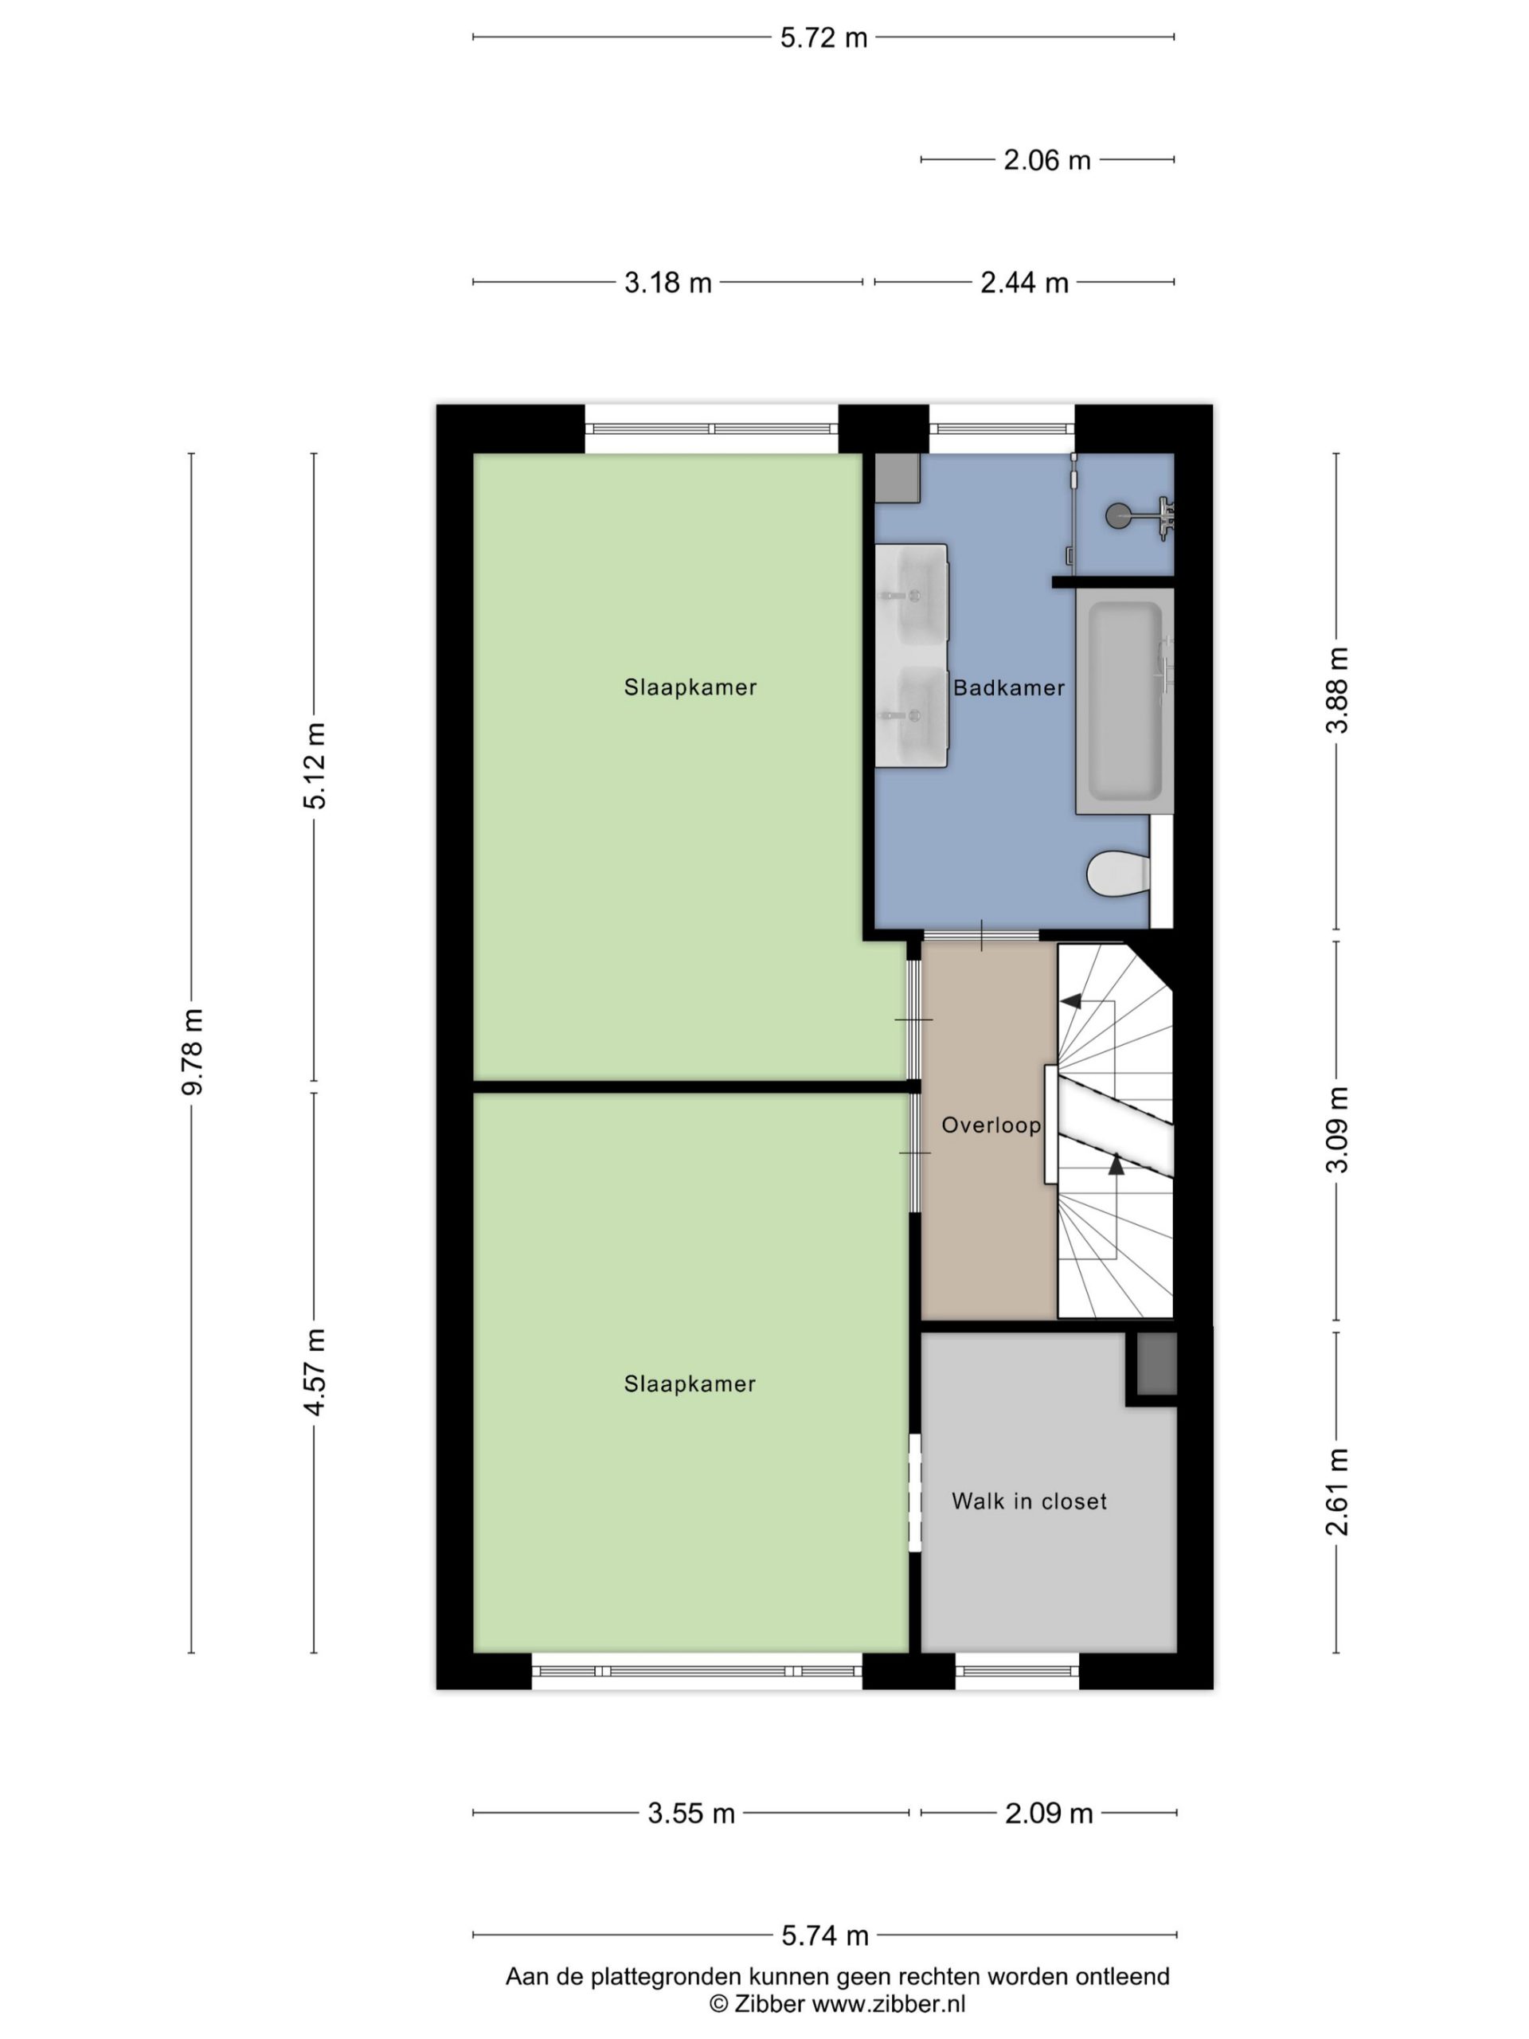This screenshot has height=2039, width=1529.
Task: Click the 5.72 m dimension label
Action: (823, 37)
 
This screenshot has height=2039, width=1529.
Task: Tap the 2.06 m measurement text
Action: (1046, 160)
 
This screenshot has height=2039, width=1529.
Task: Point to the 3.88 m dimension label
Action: (1336, 690)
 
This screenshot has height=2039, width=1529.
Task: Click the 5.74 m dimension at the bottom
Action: (825, 1935)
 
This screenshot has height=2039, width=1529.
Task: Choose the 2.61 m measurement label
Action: (1336, 1492)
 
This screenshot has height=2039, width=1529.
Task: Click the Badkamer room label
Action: (1008, 687)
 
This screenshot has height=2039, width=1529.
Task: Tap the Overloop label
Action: (991, 1125)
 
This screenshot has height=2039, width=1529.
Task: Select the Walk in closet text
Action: (1029, 1501)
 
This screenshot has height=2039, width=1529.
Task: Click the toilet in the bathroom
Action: (1118, 873)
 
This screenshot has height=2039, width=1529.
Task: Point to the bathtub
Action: (1124, 702)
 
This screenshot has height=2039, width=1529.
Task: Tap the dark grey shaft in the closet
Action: (1156, 1364)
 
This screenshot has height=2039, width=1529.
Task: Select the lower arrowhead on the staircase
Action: (1116, 1164)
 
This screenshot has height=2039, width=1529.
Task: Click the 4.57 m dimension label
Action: (315, 1372)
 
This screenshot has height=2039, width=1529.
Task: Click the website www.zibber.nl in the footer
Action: (888, 2003)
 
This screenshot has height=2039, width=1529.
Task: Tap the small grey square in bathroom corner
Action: (897, 477)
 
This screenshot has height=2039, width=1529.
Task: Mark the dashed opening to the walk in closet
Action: (915, 1493)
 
